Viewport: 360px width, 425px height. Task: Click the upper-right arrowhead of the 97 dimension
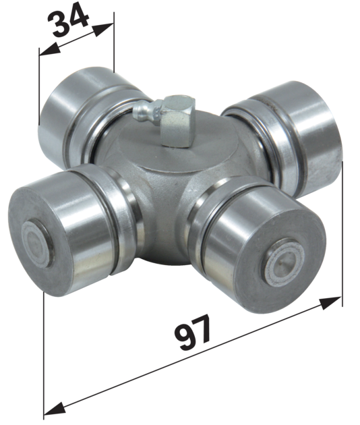click(x=330, y=303)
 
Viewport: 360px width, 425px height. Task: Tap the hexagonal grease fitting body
click(x=177, y=121)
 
